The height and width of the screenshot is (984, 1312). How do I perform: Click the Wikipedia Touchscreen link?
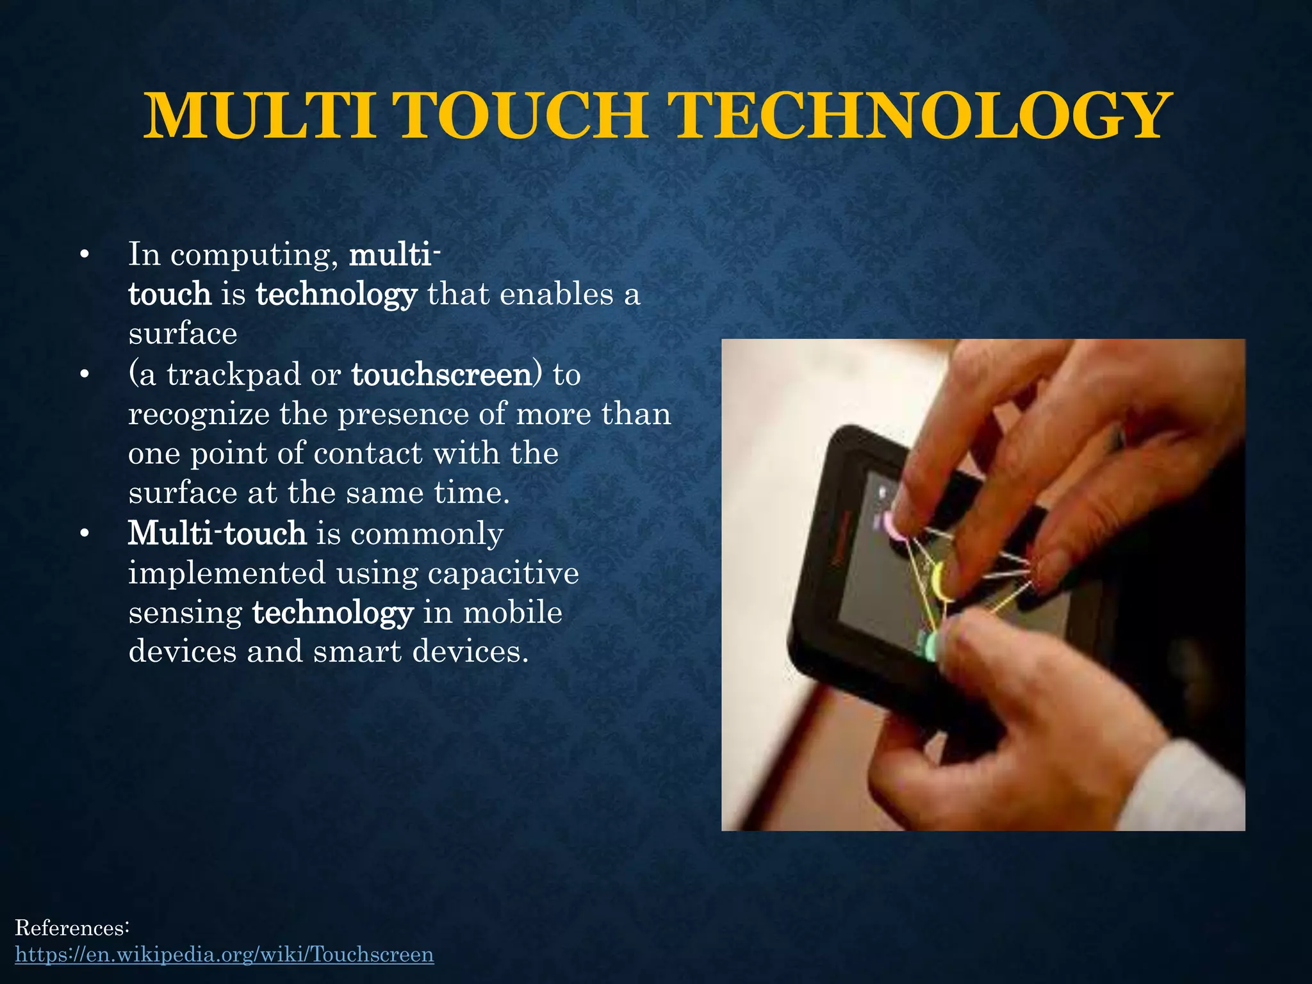coord(224,954)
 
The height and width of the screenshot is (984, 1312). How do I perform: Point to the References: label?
coord(72,927)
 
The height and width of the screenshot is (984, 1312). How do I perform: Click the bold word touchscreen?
coord(441,374)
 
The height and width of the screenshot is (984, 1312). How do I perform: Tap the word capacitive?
coord(503,572)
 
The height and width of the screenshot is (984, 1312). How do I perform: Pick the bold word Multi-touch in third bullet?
coord(217,533)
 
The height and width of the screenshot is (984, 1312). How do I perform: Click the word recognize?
coord(199,414)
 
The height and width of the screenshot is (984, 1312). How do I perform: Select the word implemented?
coord(227,572)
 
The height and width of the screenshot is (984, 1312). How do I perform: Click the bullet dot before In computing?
coord(83,256)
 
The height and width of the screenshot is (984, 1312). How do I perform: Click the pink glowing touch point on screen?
coord(890,525)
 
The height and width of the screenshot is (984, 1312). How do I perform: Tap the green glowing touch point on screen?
coord(928,644)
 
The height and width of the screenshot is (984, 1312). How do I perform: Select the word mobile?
coord(512,612)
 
